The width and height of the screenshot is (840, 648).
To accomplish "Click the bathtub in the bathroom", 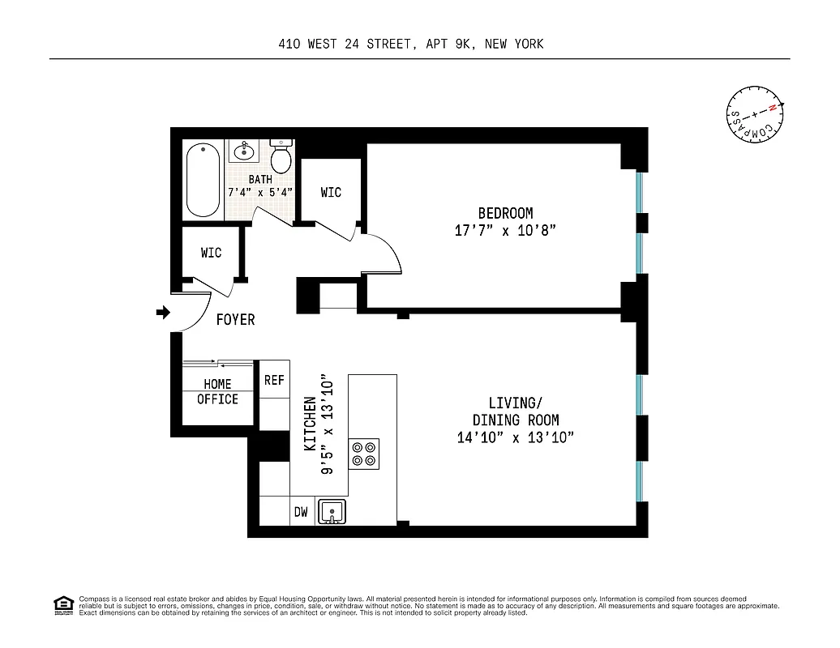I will tap(203, 180).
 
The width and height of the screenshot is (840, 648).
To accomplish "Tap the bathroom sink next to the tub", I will tap(242, 151).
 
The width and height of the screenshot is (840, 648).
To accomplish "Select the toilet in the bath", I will tap(281, 156).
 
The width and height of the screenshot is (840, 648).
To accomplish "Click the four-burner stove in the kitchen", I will tap(364, 454).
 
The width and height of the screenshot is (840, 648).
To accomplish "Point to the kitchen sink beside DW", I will tap(332, 512).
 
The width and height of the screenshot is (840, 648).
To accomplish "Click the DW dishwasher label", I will tap(301, 512).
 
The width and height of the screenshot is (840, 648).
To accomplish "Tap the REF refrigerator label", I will tap(274, 380).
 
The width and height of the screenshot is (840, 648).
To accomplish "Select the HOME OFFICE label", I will tap(217, 391).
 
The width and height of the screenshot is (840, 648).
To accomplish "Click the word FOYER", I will tap(235, 320).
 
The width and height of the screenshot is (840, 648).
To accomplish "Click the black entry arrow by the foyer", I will tap(163, 312).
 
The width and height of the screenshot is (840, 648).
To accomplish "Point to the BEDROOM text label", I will tap(505, 213).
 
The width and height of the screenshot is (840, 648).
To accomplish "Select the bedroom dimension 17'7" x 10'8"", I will tap(505, 231).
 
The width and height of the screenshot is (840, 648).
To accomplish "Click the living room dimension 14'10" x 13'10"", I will tap(515, 438).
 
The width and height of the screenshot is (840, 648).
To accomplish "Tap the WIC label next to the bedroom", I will tap(331, 192).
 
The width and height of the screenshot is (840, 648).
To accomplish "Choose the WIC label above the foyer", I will tap(211, 253).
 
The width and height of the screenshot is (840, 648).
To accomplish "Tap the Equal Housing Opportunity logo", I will tap(62, 604).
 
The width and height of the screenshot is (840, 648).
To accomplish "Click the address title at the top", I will tap(410, 45).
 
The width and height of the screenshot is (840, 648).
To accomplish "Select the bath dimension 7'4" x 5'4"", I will tap(259, 193).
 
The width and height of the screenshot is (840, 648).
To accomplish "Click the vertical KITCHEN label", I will tap(310, 424).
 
